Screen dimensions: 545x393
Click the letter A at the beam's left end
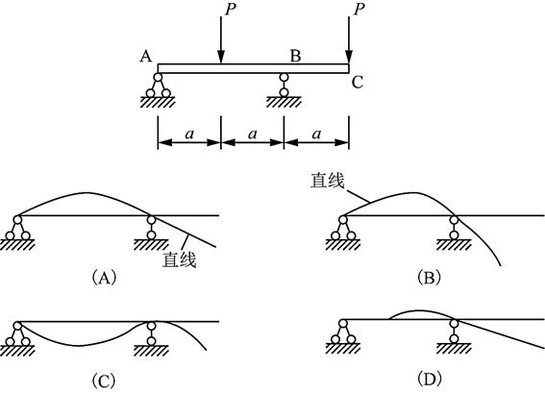click(146, 56)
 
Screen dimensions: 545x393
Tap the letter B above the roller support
click(295, 56)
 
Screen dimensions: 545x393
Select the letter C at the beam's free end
click(358, 83)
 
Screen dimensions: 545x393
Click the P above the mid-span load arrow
click(231, 10)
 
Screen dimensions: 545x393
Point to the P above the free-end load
click(359, 10)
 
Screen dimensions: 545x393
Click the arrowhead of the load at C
click(349, 57)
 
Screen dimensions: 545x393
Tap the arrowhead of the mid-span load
click(221, 57)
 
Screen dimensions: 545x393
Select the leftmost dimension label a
click(189, 134)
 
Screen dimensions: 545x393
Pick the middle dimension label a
click(253, 134)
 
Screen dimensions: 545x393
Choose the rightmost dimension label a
click(316, 134)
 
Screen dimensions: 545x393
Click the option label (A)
click(104, 278)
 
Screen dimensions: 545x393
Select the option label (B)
click(430, 278)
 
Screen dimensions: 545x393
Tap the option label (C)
click(104, 380)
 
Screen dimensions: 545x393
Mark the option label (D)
click(430, 380)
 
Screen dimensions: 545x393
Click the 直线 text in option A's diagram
click(180, 259)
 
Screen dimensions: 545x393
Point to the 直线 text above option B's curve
click(328, 181)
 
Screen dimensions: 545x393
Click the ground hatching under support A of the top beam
click(158, 102)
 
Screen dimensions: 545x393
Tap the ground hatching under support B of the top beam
click(284, 102)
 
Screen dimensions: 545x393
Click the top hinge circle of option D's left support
click(343, 324)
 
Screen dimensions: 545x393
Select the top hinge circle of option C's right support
click(151, 326)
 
